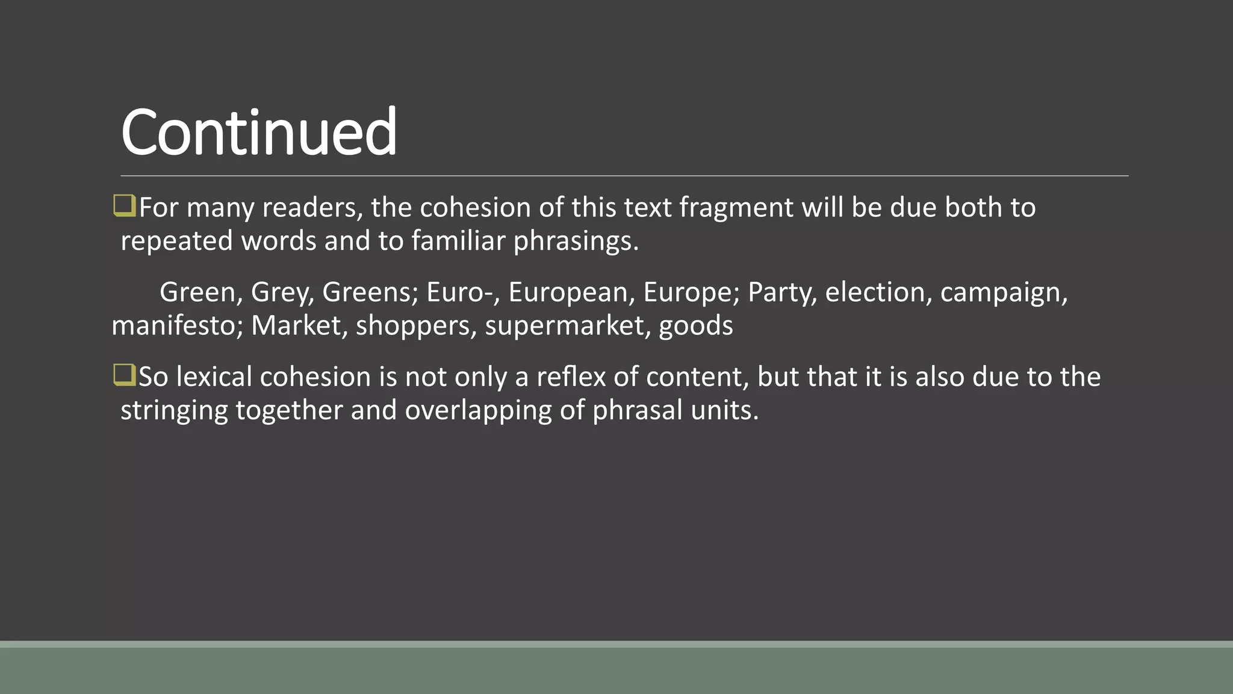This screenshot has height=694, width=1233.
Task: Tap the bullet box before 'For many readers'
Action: (124, 205)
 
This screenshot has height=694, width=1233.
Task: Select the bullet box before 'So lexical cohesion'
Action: (124, 375)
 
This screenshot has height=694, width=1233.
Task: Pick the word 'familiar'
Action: (458, 241)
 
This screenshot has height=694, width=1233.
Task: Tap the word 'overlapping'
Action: (478, 411)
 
